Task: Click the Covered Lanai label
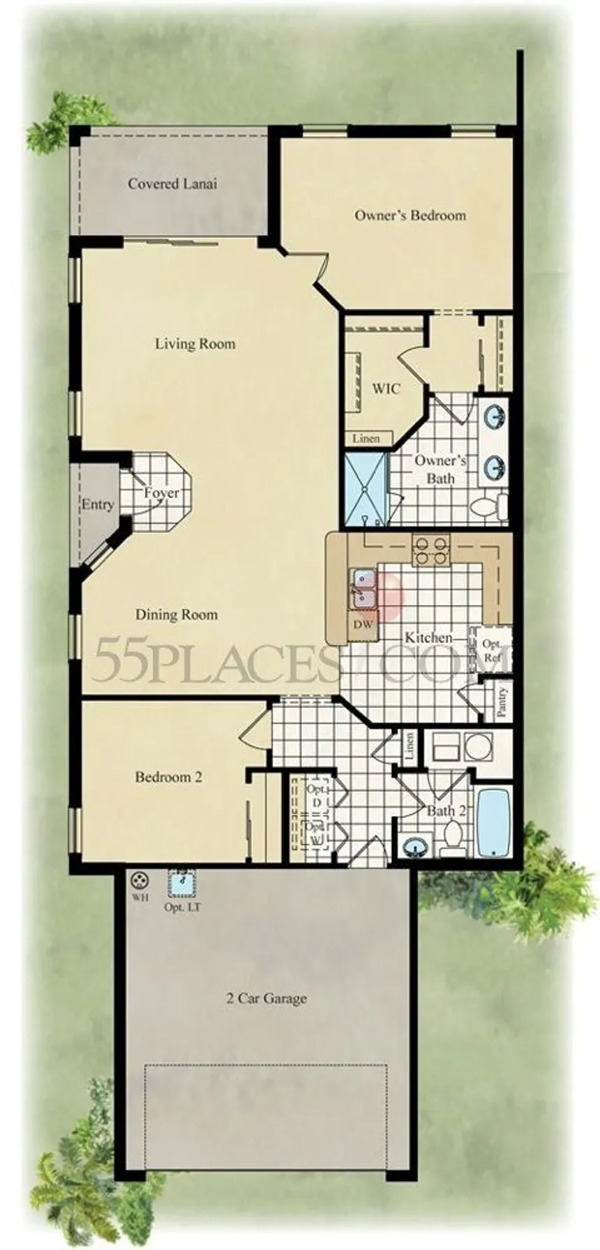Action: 172,184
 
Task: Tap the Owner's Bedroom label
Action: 410,215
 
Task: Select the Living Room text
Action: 195,343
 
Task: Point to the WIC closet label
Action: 386,388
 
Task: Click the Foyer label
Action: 161,493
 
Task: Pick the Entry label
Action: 98,504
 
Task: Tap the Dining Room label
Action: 177,615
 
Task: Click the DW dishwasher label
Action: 363,625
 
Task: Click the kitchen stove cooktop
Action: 431,549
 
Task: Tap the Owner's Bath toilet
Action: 490,506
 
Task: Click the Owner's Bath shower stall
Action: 366,490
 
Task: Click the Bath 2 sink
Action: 417,848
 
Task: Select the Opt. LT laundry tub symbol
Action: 183,883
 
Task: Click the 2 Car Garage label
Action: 267,998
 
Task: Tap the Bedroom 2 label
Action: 169,777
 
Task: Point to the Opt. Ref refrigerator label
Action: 493,650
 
